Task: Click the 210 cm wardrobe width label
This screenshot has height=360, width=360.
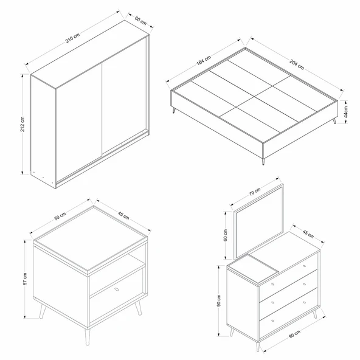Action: (x=72, y=38)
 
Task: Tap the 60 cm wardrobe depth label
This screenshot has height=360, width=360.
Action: (x=140, y=20)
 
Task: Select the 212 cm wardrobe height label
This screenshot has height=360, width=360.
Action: (x=22, y=124)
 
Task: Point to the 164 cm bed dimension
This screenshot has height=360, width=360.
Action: (x=204, y=60)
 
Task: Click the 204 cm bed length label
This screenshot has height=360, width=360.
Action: (x=297, y=64)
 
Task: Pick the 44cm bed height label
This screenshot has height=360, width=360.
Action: (x=346, y=112)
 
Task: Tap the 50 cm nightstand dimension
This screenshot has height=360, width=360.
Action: (x=60, y=216)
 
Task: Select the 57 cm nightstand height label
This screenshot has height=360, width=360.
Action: (x=25, y=279)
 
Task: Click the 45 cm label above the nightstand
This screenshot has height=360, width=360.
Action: (x=123, y=215)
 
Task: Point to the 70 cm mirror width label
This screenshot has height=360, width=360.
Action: (x=255, y=192)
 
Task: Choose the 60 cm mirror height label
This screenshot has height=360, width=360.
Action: (x=226, y=235)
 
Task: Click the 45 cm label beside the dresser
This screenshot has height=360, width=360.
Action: (x=308, y=234)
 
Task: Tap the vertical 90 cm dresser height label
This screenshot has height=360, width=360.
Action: (x=218, y=300)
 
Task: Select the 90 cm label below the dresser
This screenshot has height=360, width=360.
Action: (x=294, y=334)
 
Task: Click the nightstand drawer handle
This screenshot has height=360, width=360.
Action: (x=117, y=289)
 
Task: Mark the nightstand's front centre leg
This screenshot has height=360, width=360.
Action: (x=87, y=337)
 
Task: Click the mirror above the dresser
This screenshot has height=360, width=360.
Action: (x=259, y=222)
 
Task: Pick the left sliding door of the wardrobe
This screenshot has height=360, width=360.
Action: (x=79, y=122)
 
